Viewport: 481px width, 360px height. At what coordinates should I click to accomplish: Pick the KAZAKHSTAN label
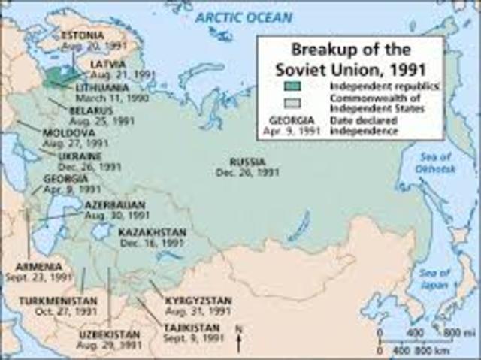click(150, 232)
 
